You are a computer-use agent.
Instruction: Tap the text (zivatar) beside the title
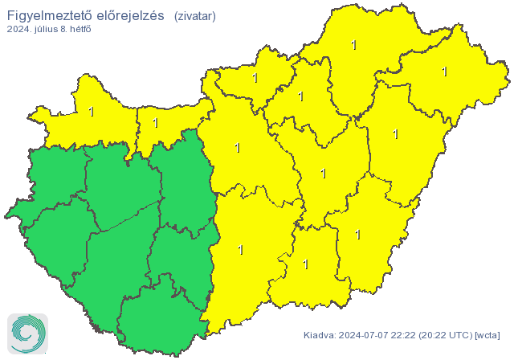194,16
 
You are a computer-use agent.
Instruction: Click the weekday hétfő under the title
80,31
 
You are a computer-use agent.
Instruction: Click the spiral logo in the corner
27,333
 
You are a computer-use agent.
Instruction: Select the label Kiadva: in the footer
320,334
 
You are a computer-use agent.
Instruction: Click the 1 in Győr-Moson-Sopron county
92,111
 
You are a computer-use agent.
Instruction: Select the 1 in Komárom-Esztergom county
156,123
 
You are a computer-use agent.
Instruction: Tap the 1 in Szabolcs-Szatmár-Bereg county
444,72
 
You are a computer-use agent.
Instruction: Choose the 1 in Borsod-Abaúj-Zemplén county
354,45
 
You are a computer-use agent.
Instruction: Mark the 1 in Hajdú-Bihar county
396,134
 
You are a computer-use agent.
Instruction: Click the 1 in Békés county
358,235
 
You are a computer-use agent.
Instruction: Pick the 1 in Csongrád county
305,264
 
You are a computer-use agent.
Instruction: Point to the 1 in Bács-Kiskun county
241,250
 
